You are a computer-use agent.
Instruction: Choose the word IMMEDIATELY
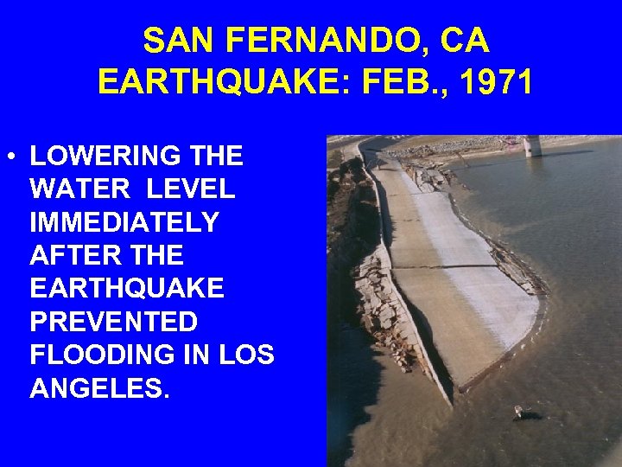pos(124,222)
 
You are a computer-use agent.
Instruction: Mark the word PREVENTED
pos(113,322)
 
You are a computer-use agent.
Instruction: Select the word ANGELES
pos(99,388)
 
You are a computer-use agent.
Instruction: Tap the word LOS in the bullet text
pos(247,355)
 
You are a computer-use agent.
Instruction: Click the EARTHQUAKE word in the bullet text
pos(126,288)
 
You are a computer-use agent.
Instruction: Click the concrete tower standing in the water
pos(533,145)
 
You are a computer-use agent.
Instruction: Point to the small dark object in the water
pos(520,412)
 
